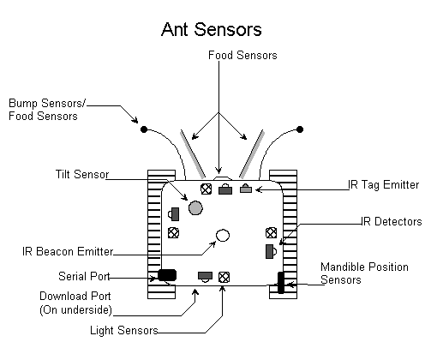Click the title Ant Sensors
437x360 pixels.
[212, 29]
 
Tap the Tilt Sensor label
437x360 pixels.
[82, 174]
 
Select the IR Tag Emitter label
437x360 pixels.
[383, 185]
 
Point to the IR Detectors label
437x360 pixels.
[392, 221]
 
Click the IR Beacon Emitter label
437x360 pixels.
[68, 251]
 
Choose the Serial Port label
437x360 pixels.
[84, 276]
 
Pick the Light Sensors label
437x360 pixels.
[124, 330]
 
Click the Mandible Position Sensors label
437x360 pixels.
[364, 273]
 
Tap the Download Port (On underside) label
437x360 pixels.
[75, 303]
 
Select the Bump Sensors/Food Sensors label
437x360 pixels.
[47, 110]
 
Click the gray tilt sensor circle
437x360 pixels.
[195, 207]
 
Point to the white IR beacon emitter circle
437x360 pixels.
[223, 236]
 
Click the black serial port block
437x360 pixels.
[167, 275]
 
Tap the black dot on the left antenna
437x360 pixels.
[144, 129]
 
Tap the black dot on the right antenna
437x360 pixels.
[300, 129]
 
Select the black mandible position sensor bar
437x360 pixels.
[281, 283]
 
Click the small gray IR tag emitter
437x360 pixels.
[246, 189]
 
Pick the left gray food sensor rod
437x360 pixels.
[192, 154]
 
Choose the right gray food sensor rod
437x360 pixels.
[252, 154]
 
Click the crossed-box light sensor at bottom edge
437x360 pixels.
[224, 277]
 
